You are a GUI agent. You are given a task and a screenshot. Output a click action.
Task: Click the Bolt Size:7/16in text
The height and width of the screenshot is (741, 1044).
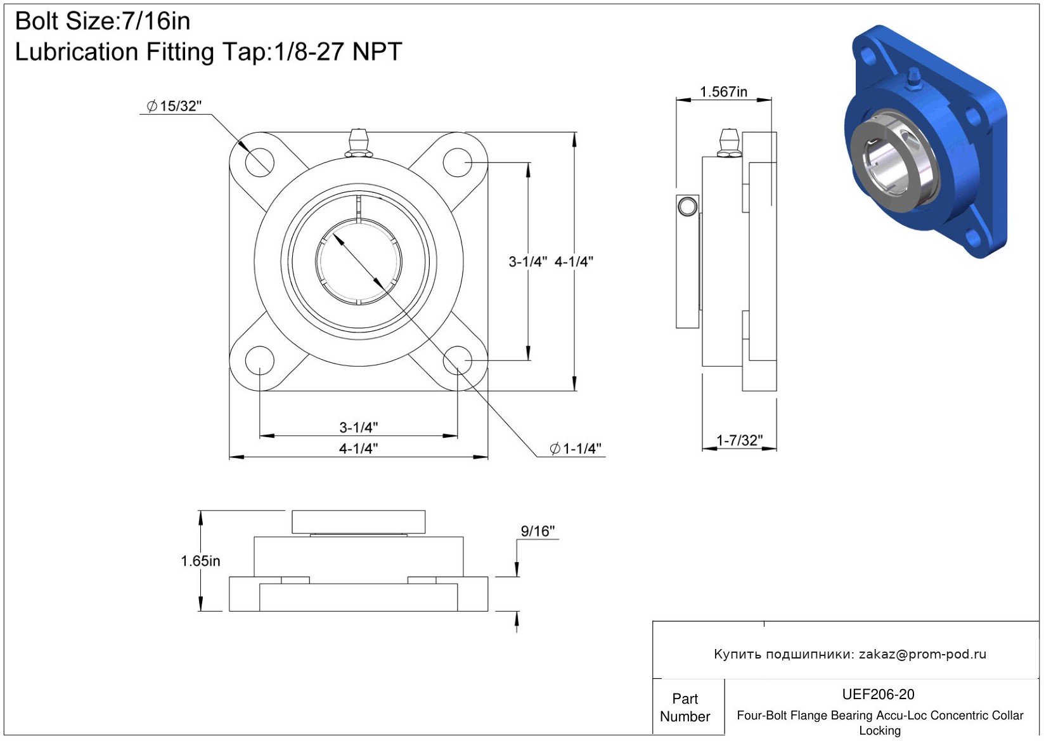point(103,22)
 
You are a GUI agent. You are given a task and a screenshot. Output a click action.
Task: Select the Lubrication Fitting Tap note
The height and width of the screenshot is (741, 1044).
point(209,51)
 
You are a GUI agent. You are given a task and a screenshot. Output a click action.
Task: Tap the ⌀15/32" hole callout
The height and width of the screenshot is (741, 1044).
point(174,107)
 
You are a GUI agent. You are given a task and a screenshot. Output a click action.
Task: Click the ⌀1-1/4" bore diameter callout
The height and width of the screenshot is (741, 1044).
point(576,449)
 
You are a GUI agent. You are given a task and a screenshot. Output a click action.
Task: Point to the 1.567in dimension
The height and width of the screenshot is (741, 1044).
point(723,92)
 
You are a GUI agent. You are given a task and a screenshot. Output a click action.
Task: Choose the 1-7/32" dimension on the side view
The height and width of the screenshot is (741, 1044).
point(739,440)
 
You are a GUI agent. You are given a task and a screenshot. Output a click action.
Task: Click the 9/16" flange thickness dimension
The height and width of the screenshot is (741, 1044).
point(538,531)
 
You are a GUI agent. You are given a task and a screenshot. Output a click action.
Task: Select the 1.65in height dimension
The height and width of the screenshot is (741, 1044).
point(200,561)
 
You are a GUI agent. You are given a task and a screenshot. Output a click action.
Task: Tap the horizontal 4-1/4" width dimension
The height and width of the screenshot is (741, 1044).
point(358,449)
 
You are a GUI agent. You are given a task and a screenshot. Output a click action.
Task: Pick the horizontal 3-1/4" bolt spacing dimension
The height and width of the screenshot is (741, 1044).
point(358,427)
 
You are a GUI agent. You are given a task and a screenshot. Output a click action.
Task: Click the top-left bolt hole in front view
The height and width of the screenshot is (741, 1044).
point(259,163)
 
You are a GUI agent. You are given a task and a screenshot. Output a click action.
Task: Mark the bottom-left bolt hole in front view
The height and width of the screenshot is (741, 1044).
point(259,361)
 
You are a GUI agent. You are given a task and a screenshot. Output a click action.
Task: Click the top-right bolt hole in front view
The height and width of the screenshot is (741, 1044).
point(457,163)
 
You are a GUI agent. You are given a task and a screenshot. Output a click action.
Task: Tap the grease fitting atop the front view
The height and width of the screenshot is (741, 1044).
point(358,143)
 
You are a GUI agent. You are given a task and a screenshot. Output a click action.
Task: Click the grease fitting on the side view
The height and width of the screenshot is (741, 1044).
point(729,143)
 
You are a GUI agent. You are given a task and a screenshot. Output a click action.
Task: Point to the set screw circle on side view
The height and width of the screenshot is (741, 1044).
point(688,206)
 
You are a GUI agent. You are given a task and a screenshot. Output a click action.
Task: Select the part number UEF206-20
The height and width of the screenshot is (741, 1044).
point(878,695)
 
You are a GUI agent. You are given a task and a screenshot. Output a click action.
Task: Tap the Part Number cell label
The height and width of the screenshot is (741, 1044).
point(685,707)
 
